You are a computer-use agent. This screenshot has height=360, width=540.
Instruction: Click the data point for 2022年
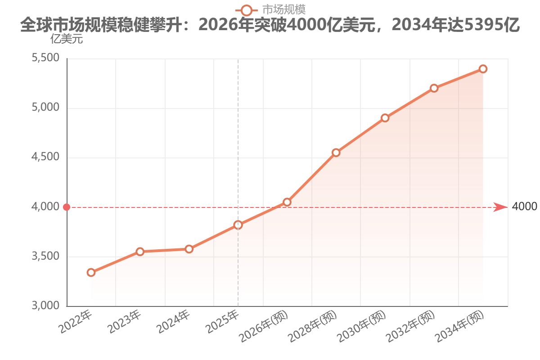pos(91,273)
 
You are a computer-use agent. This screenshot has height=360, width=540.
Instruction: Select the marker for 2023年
pos(140,252)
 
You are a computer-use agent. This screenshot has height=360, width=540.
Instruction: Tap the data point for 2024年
pos(189,249)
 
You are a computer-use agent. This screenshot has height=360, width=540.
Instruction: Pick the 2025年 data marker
pos(238,225)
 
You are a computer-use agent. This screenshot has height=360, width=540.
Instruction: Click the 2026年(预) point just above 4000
pos(287,202)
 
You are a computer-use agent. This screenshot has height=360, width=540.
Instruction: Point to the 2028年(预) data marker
pos(336,153)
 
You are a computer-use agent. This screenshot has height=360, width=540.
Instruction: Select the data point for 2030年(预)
pos(385,118)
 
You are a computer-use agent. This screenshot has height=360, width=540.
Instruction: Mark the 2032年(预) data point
pos(434,88)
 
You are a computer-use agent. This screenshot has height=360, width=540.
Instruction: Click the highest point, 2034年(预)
pos(483,69)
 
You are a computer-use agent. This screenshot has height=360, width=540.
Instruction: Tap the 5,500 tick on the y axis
pos(45,58)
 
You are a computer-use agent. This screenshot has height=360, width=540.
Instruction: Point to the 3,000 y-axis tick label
pos(45,306)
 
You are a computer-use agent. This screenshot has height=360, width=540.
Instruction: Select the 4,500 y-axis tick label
pos(45,157)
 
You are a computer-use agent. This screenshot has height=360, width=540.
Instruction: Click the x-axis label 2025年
pos(222,322)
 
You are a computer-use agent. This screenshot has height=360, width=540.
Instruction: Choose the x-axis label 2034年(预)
pos(459,326)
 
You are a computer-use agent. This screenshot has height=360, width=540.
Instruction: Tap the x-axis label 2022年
pos(75,322)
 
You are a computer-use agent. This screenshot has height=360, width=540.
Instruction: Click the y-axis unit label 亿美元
pos(67,39)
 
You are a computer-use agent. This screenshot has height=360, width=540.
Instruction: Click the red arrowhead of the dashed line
pos(500,207)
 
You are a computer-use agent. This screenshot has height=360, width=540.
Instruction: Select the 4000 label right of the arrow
pos(524,207)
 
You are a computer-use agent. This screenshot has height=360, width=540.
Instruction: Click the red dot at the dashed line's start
pos(67,207)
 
